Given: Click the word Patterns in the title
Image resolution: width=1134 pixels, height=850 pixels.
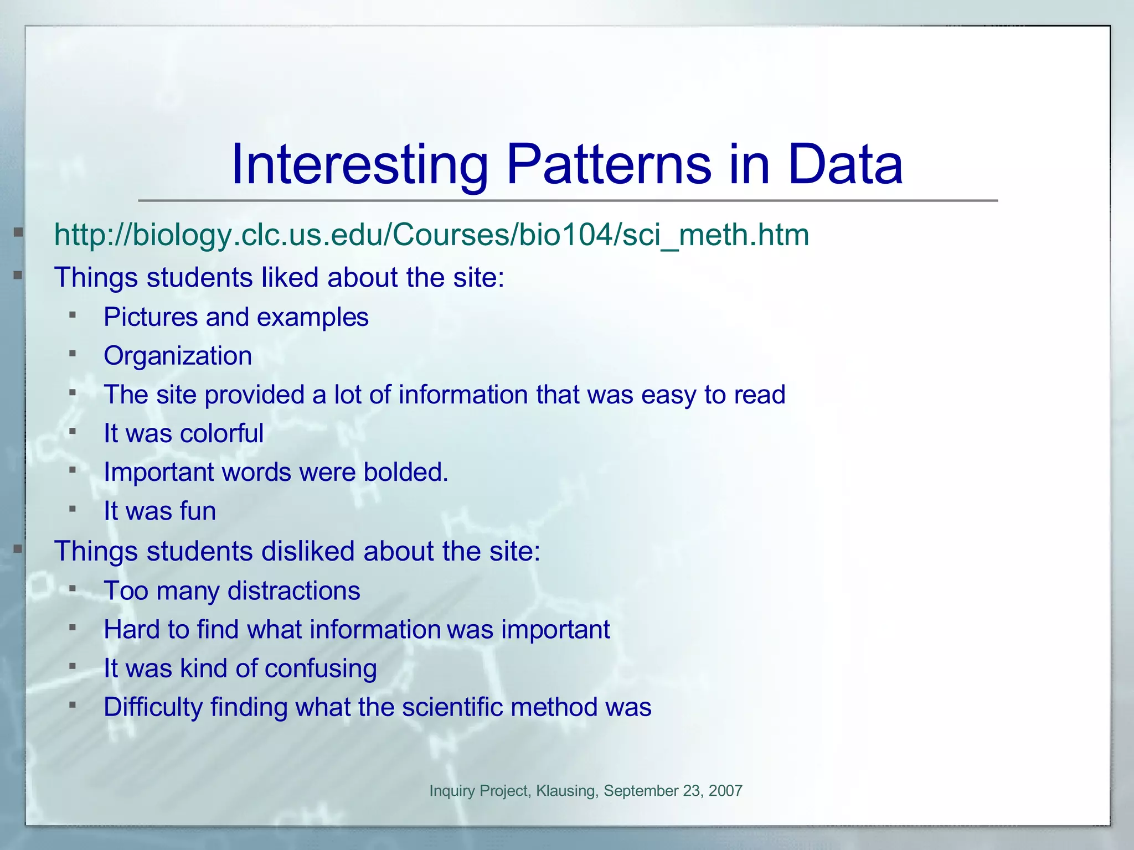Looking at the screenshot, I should click(x=609, y=165).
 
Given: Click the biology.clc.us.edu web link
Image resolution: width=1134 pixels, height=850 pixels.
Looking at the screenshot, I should click(x=431, y=235).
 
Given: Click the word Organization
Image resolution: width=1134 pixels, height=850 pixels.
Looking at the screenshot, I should click(x=178, y=356).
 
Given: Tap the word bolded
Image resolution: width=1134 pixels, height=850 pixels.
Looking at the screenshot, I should click(x=405, y=472).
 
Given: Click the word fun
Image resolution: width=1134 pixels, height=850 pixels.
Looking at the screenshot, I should click(x=194, y=511).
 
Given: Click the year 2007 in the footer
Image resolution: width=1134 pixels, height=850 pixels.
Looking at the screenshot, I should click(x=725, y=791).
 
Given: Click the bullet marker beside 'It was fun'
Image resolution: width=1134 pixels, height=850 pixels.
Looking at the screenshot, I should click(x=73, y=509).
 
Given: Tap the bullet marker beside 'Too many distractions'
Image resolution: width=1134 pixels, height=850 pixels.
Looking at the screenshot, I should click(x=73, y=589).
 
